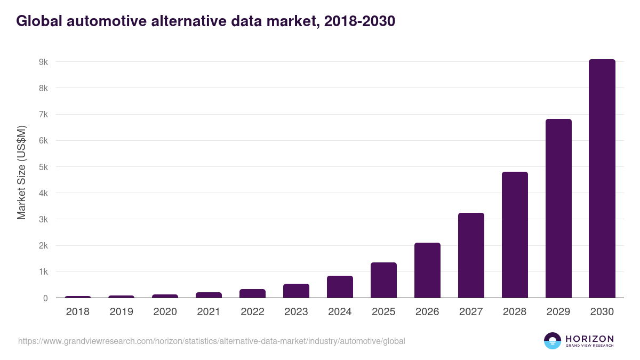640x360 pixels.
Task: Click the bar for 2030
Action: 602,179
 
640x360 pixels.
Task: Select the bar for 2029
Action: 558,209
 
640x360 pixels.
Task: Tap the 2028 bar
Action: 515,235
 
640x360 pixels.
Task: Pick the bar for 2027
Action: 471,255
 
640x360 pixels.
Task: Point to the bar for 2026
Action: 427,270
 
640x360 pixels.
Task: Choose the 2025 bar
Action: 383,280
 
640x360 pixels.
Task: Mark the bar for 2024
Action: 340,287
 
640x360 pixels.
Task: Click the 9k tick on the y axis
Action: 43,62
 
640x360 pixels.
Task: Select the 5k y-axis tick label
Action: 43,167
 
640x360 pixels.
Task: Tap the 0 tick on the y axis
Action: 46,298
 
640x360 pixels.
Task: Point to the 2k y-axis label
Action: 43,246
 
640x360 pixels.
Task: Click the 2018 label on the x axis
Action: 78,312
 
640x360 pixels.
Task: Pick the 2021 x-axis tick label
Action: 209,312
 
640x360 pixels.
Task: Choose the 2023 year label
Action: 296,312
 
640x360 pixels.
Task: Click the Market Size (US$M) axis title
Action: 21,172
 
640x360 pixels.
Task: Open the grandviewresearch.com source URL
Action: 212,341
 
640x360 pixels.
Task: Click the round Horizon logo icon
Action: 553,341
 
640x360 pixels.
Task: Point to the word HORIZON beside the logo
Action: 589,338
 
